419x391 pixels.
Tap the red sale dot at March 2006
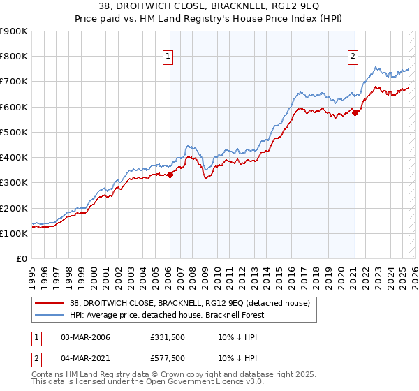(170, 175)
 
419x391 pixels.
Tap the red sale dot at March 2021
(355, 112)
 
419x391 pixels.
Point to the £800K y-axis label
(14, 57)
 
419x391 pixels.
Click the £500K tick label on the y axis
(14, 132)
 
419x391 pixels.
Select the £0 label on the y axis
(22, 258)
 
